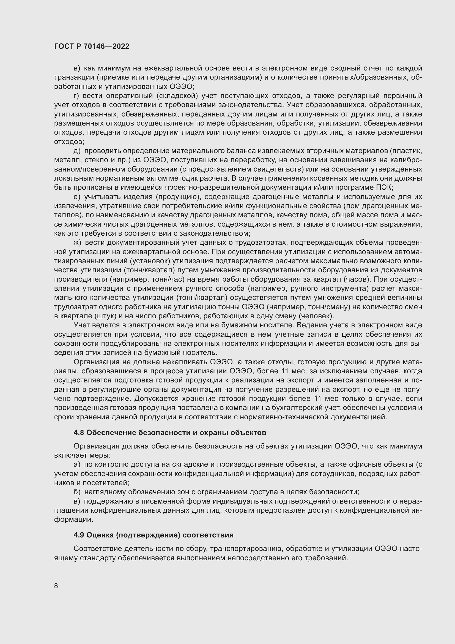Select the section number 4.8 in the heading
pyautogui.click(x=79, y=433)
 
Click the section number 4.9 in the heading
pyautogui.click(x=79, y=535)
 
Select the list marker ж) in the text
pyautogui.click(x=77, y=242)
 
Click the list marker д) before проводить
pyautogui.click(x=77, y=151)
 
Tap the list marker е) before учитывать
pyautogui.click(x=77, y=197)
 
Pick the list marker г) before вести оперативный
pyautogui.click(x=76, y=96)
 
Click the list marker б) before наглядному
pyautogui.click(x=77, y=492)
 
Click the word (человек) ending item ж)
pyautogui.click(x=316, y=316)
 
